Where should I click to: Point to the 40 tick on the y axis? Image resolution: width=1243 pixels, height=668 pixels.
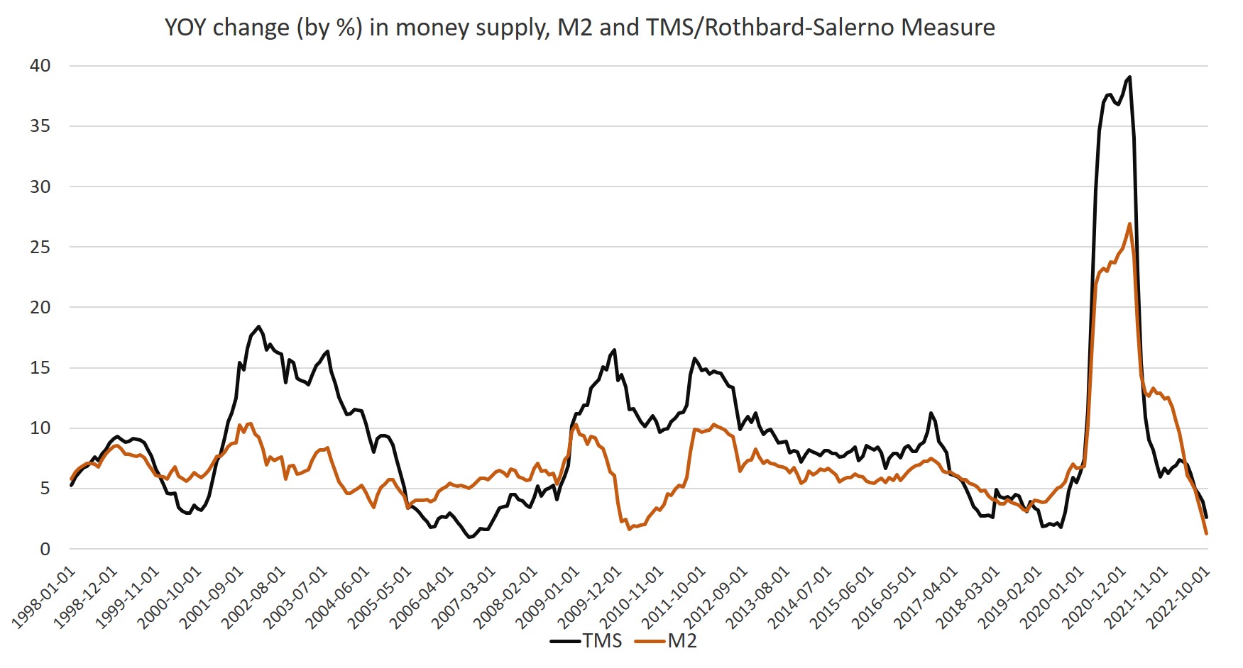coord(40,66)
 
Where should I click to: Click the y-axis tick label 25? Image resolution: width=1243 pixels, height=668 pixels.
coord(40,247)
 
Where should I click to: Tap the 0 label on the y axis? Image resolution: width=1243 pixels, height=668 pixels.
coord(45,549)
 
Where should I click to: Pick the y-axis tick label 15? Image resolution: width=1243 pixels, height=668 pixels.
coord(40,367)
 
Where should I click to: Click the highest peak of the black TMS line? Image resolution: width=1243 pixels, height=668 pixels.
coord(1129,77)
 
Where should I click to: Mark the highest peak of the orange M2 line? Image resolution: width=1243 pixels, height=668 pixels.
coord(1129,224)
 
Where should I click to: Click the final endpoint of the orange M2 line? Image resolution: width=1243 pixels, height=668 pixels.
coord(1206,533)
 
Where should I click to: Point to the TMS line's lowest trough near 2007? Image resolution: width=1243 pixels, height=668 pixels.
coord(469,538)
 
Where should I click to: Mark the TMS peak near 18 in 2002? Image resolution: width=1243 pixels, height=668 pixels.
coord(258,326)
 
